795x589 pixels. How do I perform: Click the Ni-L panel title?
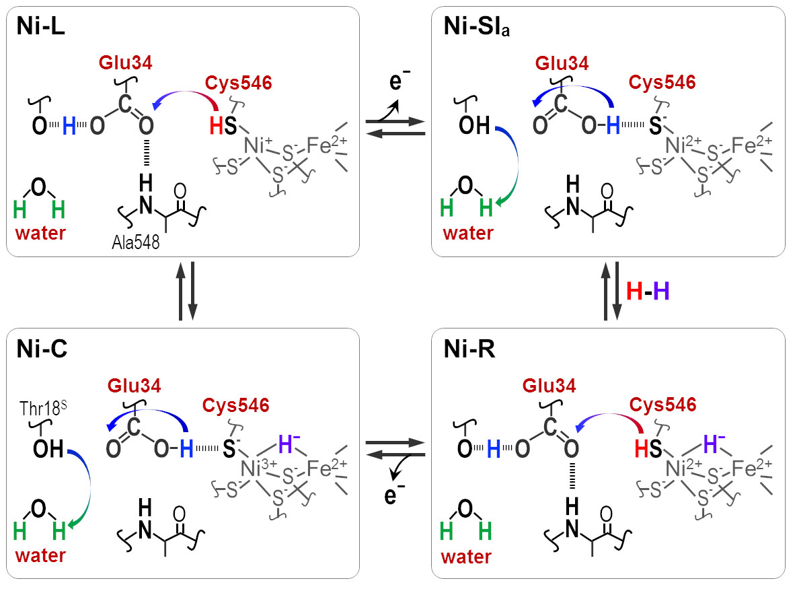coord(40,26)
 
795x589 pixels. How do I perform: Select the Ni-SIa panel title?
coord(477,26)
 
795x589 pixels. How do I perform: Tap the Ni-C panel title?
coord(42,349)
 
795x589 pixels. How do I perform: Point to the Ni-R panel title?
coord(469,349)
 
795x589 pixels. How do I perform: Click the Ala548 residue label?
coord(136,242)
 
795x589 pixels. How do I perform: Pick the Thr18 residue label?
coord(43,408)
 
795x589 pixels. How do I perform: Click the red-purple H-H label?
coord(648,291)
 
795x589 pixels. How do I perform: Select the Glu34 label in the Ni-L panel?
coord(125,63)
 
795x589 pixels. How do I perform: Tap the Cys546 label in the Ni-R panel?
coord(662,405)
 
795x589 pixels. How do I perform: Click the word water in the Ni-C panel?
coord(40,555)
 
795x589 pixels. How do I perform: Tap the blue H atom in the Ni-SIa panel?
coord(613,125)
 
